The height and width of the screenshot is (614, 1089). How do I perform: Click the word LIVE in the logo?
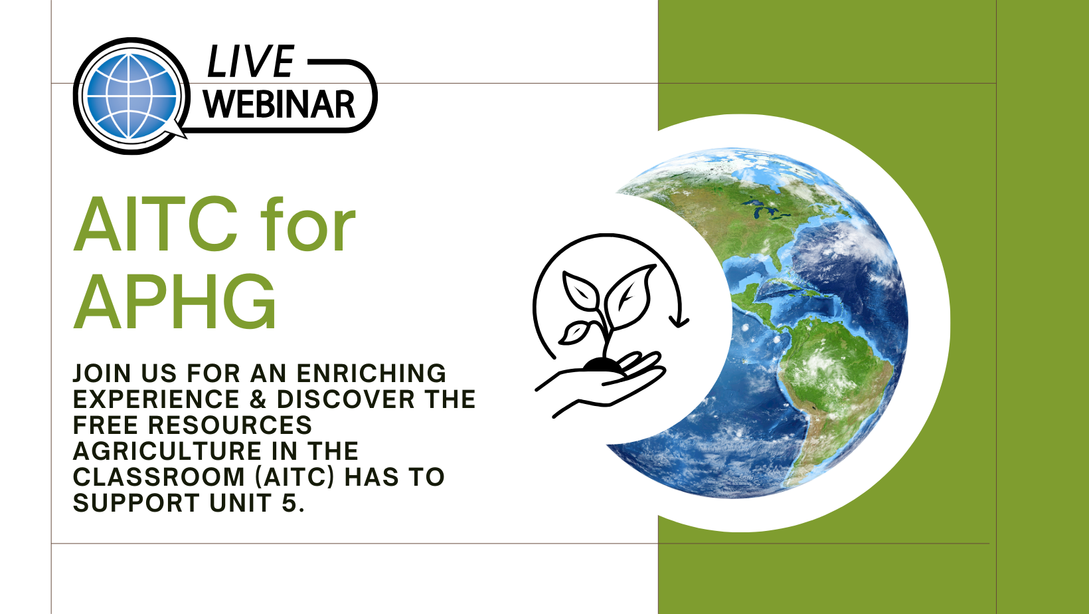[x=250, y=61]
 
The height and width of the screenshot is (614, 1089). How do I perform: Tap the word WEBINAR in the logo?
[x=279, y=104]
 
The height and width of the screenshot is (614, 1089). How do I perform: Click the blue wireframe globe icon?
[x=131, y=96]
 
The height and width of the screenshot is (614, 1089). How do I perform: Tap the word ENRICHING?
[x=371, y=373]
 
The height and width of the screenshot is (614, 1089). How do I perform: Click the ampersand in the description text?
[x=259, y=399]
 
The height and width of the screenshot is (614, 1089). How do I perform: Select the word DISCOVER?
[x=346, y=399]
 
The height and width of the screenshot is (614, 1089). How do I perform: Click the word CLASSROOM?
[x=159, y=477]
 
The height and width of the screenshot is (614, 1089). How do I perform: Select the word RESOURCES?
[x=230, y=425]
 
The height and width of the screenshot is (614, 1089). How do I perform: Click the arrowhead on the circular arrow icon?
[x=679, y=322]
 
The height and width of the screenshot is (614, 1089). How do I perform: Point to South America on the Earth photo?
[x=836, y=389]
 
